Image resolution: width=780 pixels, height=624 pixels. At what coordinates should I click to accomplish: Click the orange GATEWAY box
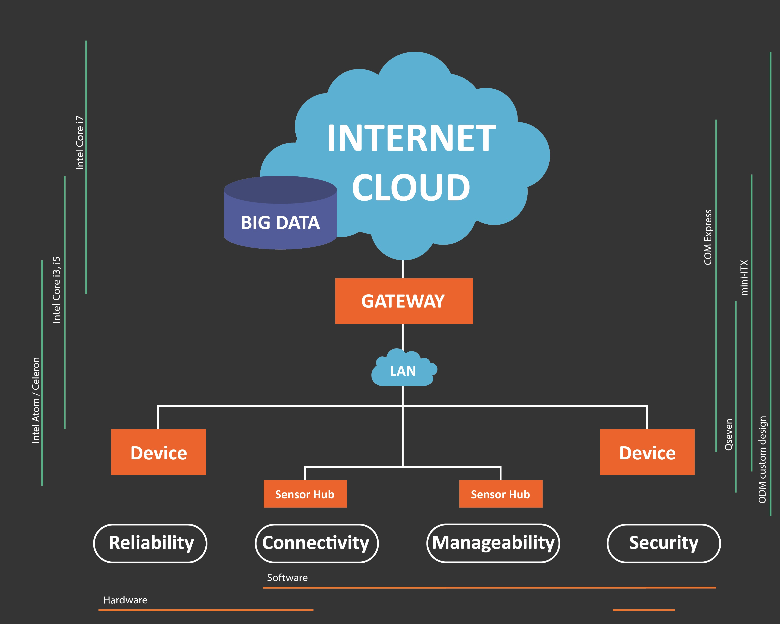click(404, 301)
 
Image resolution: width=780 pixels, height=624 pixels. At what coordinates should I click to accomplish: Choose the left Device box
click(158, 452)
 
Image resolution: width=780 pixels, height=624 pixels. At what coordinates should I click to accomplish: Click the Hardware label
click(125, 600)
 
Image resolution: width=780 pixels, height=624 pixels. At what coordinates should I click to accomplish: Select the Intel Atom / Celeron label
click(35, 400)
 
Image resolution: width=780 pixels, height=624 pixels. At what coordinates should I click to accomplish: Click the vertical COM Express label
click(708, 237)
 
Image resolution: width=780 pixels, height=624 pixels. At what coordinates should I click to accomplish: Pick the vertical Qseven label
click(729, 435)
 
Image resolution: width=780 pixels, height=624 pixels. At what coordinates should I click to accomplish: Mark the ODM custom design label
click(762, 459)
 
